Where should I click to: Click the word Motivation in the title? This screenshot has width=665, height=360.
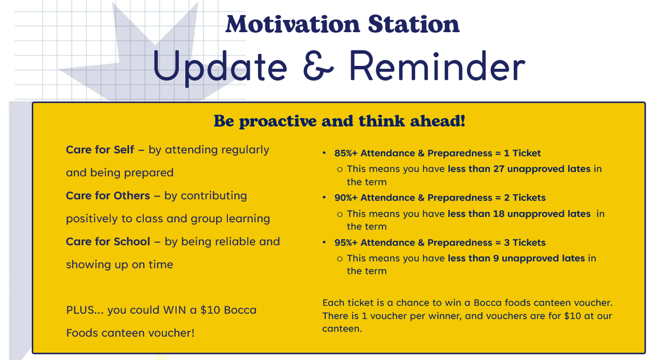point(293,24)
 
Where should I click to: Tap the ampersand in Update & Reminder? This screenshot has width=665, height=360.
point(318,65)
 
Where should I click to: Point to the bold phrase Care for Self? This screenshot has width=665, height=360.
point(100,150)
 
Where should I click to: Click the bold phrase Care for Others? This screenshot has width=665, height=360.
point(108,196)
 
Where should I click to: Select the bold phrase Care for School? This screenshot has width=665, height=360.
point(108,241)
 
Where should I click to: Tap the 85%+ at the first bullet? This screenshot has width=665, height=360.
point(346,153)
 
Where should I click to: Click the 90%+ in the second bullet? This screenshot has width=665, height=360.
point(346,198)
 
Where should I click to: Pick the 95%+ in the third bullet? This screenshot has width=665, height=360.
point(346,243)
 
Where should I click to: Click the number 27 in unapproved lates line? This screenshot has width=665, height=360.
point(499,169)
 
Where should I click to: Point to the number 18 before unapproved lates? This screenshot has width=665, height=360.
point(499,214)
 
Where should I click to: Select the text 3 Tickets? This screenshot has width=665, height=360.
point(525,243)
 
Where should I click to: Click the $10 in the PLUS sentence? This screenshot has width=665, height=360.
point(210,310)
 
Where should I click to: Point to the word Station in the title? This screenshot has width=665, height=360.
point(413,24)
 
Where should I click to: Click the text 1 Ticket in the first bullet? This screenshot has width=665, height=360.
point(522,153)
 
